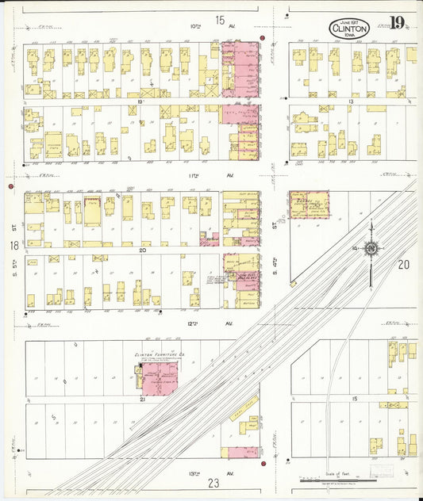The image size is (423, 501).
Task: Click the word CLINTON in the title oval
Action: pyautogui.click(x=348, y=29)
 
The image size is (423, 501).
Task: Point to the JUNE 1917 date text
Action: pyautogui.click(x=348, y=22)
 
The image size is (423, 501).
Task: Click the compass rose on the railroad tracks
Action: pyautogui.click(x=371, y=250)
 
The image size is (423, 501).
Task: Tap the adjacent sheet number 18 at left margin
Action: pyautogui.click(x=13, y=247)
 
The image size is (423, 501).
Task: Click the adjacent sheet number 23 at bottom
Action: pyautogui.click(x=213, y=483)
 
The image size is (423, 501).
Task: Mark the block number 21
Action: pyautogui.click(x=142, y=400)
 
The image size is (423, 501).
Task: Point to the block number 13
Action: pyautogui.click(x=349, y=102)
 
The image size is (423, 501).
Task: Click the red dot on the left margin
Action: pyautogui.click(x=10, y=186)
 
